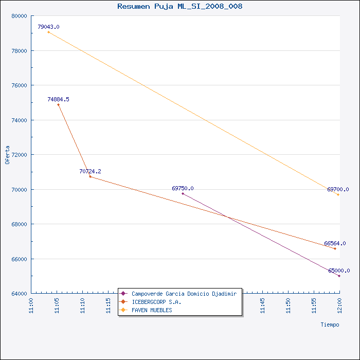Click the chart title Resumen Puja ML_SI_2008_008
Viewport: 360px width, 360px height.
(x=180, y=6)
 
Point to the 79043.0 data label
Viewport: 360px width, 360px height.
(x=48, y=27)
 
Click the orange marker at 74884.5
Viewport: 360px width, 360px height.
(x=58, y=105)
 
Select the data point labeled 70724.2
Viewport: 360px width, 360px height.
(x=90, y=176)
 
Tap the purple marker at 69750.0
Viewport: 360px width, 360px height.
(x=183, y=193)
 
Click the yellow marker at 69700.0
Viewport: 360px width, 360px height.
(x=338, y=195)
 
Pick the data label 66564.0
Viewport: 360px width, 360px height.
(x=335, y=243)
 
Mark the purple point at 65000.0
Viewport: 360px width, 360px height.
(x=339, y=276)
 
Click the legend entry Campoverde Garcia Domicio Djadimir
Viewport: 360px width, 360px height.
(x=184, y=294)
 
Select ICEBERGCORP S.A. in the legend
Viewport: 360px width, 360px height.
(x=156, y=302)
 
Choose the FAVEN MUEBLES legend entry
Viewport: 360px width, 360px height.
(x=152, y=310)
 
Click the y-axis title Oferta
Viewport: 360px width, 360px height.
(x=7, y=155)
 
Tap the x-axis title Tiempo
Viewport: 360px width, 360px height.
(x=330, y=325)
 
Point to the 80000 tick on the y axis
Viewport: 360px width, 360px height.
(x=20, y=16)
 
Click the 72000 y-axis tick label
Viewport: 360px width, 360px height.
(x=20, y=155)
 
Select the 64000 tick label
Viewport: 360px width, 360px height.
(x=20, y=294)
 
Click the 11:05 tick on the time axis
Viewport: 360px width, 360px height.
(x=57, y=305)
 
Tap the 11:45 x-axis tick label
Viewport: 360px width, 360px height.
(x=262, y=305)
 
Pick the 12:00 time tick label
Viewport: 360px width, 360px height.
(x=339, y=305)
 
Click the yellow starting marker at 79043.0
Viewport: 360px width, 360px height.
(x=48, y=32)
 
